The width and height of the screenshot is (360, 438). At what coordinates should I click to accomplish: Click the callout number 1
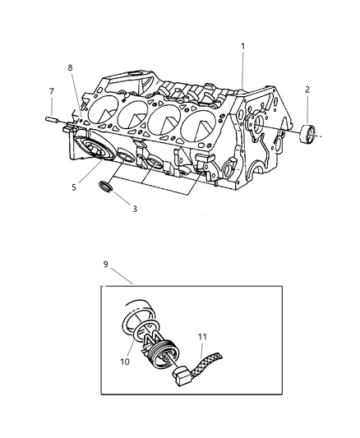pos(242,47)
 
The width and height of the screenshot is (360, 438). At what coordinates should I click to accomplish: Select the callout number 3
pos(134,209)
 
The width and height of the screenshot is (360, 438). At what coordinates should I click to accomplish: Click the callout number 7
pos(51,91)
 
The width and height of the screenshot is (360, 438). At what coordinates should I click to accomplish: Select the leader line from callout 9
pos(122,275)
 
